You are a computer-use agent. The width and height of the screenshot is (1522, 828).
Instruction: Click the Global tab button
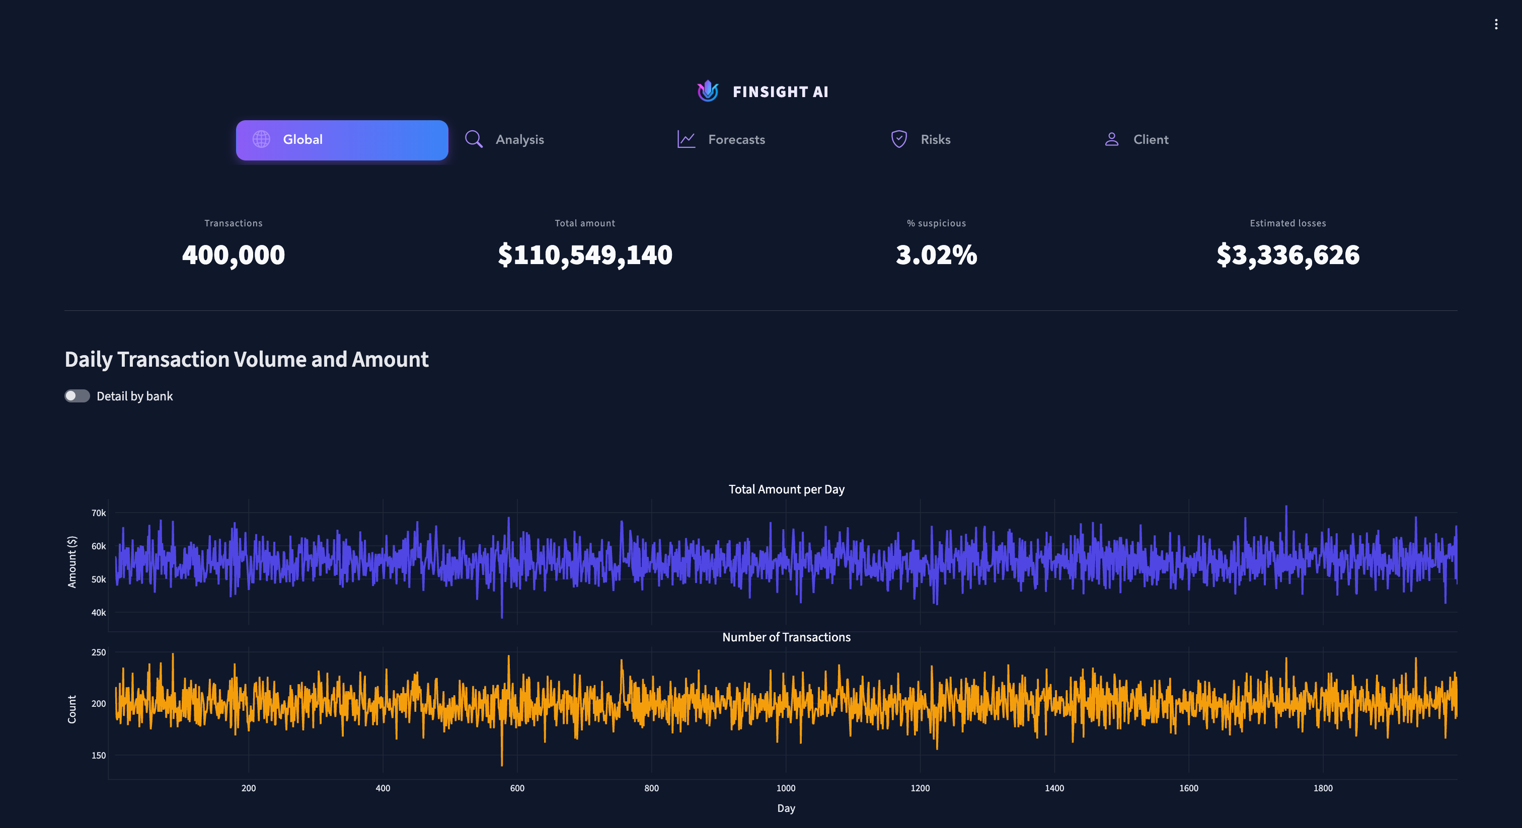[342, 140]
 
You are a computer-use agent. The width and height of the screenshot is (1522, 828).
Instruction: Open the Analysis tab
[519, 140]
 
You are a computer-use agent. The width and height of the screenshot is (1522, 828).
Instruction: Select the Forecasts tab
[736, 140]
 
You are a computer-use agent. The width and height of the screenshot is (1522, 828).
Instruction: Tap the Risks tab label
[935, 140]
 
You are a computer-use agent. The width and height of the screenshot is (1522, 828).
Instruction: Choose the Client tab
[1150, 140]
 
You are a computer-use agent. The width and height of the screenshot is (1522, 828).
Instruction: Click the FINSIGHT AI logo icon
[707, 91]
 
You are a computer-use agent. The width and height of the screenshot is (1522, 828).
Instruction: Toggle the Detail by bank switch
[78, 396]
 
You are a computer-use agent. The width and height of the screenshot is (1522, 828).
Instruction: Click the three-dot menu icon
[1495, 24]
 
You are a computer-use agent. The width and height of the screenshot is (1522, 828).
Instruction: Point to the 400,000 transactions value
[234, 255]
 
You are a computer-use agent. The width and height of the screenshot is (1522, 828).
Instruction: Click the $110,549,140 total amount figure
[585, 255]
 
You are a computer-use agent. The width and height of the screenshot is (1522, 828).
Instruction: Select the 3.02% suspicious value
[936, 255]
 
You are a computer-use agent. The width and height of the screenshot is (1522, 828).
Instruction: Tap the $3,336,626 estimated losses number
[1287, 255]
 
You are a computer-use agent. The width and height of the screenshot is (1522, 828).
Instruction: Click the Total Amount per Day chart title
[786, 489]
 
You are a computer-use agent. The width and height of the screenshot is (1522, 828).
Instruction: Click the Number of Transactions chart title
[786, 637]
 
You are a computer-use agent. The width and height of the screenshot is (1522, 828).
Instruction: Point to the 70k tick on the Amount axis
[98, 513]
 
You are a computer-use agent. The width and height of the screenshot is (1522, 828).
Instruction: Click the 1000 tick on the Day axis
[785, 788]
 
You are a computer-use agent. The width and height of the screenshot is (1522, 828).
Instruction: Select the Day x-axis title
[785, 808]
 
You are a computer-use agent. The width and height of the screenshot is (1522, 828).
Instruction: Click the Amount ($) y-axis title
[72, 562]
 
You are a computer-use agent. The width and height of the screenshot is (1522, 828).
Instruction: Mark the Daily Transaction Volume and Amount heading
[247, 359]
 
